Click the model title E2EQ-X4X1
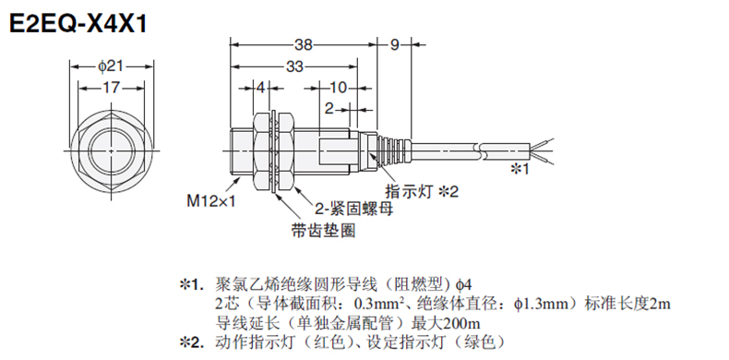[x=78, y=23]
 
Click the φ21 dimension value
[x=111, y=66]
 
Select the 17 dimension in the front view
[x=111, y=88]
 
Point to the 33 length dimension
[x=293, y=66]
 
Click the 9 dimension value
[x=394, y=44]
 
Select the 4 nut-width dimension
[x=261, y=88]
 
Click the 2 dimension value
[x=329, y=109]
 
